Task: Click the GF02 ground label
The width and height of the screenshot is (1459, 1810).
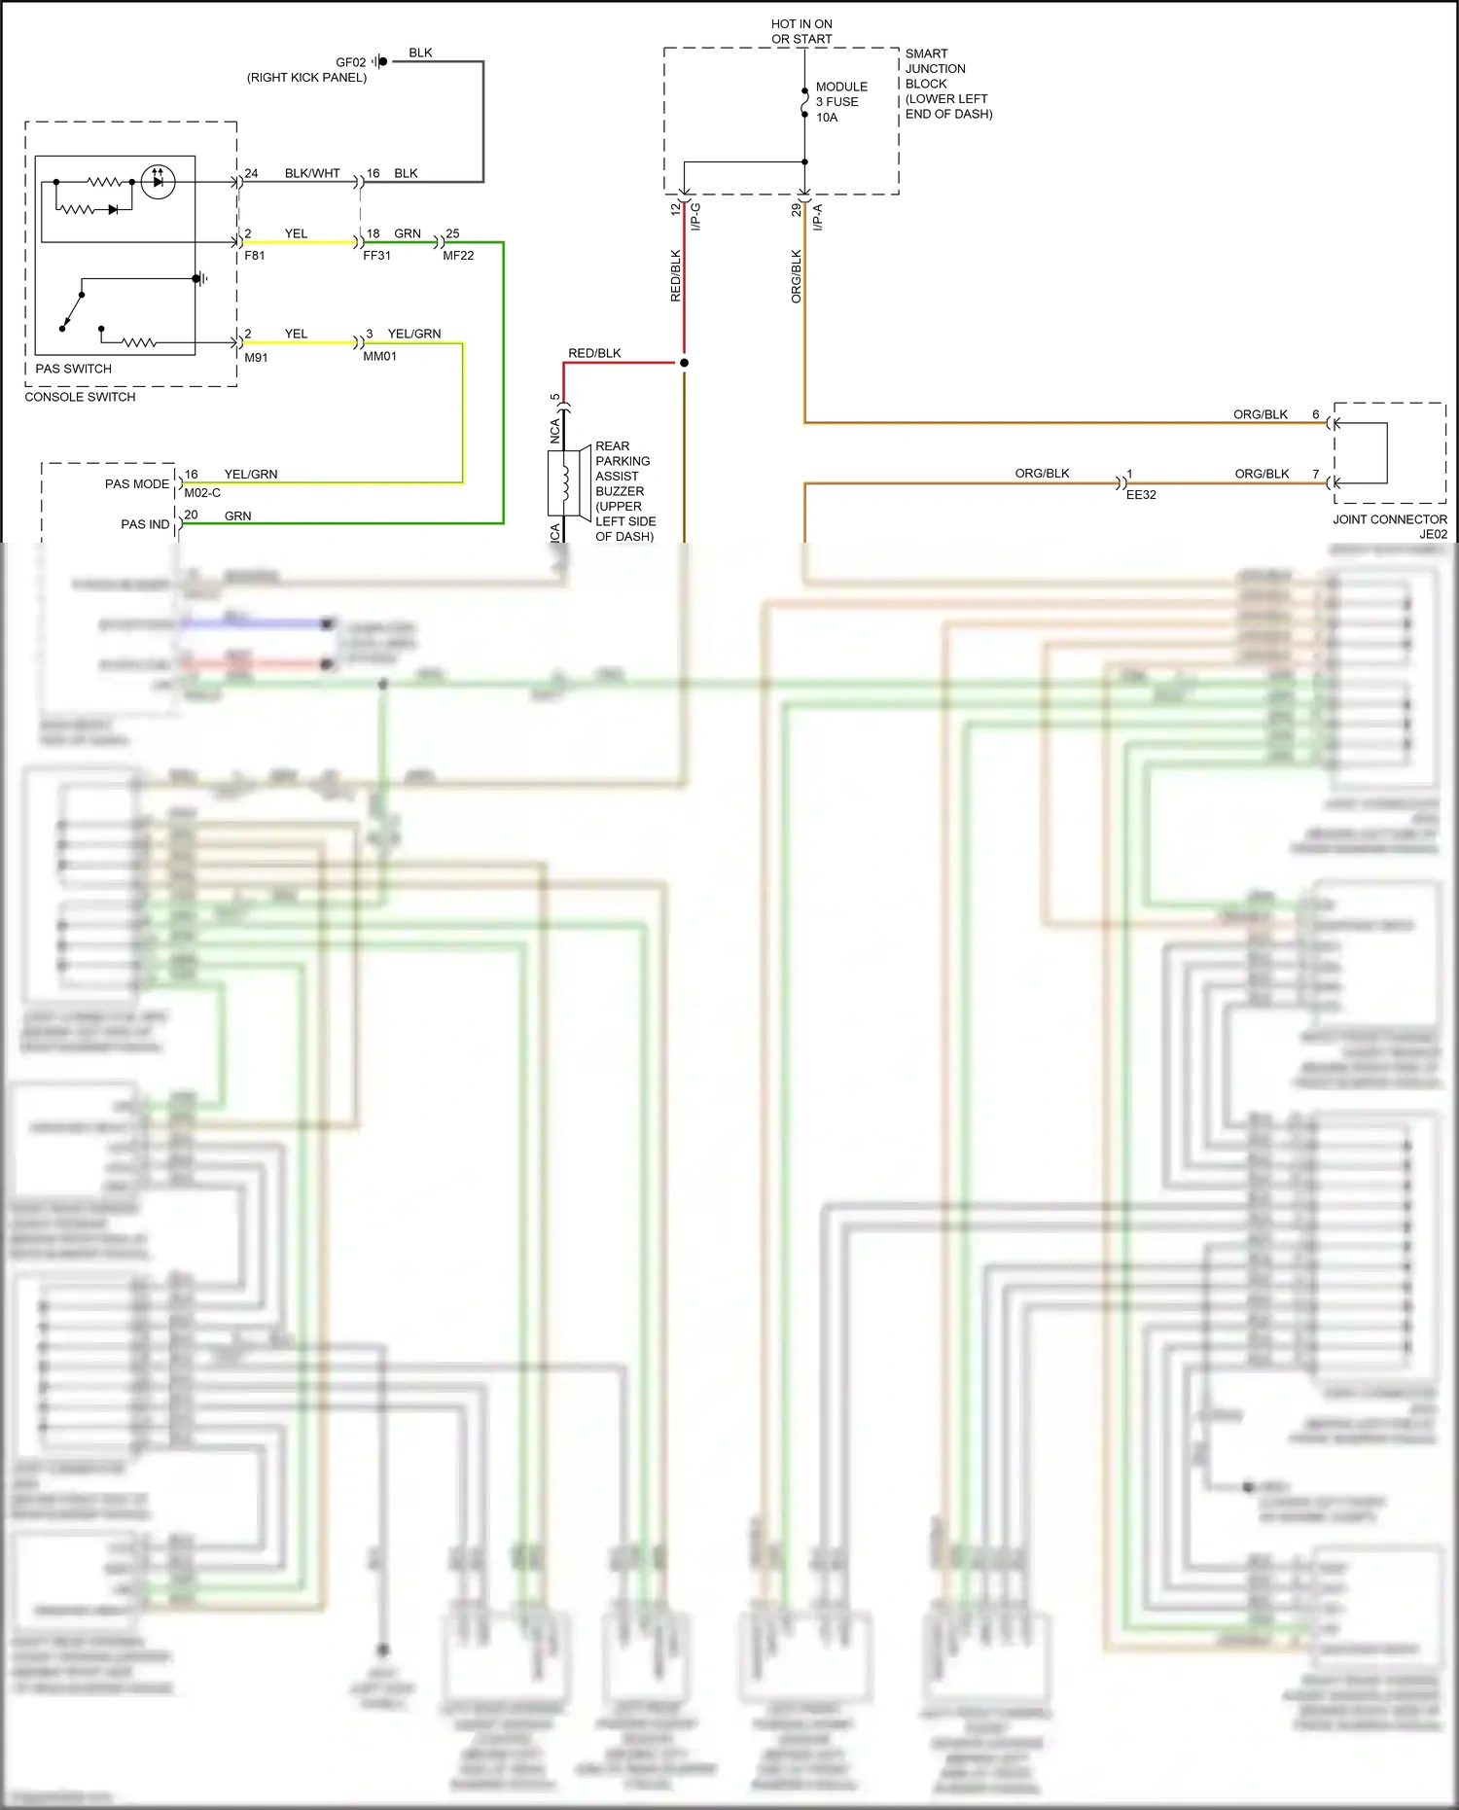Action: pos(350,62)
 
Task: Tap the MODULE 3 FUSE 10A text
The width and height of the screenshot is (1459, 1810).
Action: pos(840,102)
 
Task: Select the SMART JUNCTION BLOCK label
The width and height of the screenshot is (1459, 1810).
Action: pos(947,84)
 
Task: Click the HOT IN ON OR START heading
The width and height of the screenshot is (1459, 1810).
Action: pos(801,31)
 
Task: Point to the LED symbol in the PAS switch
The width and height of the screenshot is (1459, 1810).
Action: pos(159,181)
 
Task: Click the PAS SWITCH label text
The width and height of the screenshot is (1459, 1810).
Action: pos(73,369)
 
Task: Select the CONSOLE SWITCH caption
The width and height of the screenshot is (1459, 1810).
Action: pos(80,397)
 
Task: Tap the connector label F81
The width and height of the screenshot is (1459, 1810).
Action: pos(254,256)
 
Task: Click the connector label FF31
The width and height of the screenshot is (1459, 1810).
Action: pos(376,256)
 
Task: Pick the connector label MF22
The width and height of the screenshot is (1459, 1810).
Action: pos(458,256)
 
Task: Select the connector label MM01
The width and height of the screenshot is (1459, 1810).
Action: pos(379,357)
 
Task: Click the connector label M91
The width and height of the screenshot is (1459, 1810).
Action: pos(256,358)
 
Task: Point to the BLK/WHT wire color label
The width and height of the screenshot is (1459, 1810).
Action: pos(312,173)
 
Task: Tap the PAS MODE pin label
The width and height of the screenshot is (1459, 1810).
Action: pos(136,483)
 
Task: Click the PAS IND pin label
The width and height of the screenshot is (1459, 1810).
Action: pos(145,524)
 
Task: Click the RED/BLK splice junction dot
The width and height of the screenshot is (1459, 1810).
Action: pos(684,363)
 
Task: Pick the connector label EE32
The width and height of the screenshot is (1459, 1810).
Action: pos(1141,495)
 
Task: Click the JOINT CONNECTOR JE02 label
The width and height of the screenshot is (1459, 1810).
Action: pos(1390,526)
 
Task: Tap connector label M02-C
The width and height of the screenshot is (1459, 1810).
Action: pos(202,493)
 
